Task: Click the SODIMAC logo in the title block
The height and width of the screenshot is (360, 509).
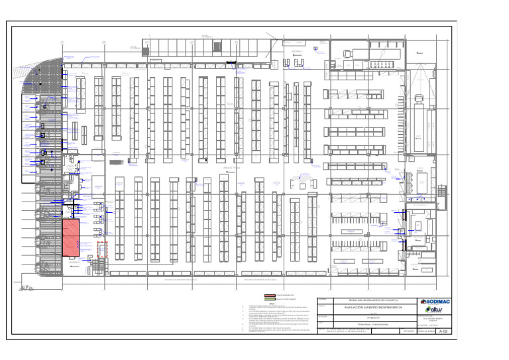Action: coord(435,302)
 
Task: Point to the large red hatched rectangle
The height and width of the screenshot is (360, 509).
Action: coord(71,237)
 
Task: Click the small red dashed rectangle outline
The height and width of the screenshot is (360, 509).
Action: coord(102,250)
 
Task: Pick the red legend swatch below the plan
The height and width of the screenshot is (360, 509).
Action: coord(270,294)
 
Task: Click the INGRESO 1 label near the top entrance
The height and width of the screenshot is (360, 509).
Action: coord(296,51)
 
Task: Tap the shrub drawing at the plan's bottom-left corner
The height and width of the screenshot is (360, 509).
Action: coord(27,287)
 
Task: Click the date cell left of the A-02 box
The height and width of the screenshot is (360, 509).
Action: coord(406,335)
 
